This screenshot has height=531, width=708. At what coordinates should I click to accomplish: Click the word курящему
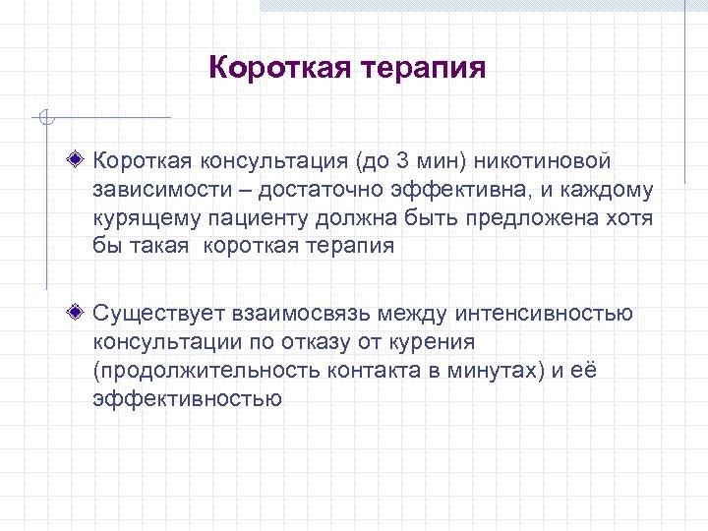click(x=143, y=217)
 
